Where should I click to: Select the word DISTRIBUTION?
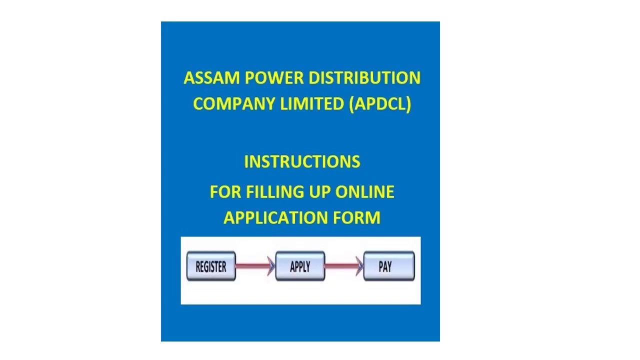pos(364,78)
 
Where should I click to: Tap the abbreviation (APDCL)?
pos(380,104)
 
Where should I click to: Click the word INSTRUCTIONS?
pos(302,162)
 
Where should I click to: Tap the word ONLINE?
pos(364,192)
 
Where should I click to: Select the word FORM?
pos(357,218)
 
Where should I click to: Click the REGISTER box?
pos(211,266)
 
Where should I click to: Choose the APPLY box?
pos(300,266)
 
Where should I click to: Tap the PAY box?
pos(389,266)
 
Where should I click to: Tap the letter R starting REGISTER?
pos(198,267)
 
